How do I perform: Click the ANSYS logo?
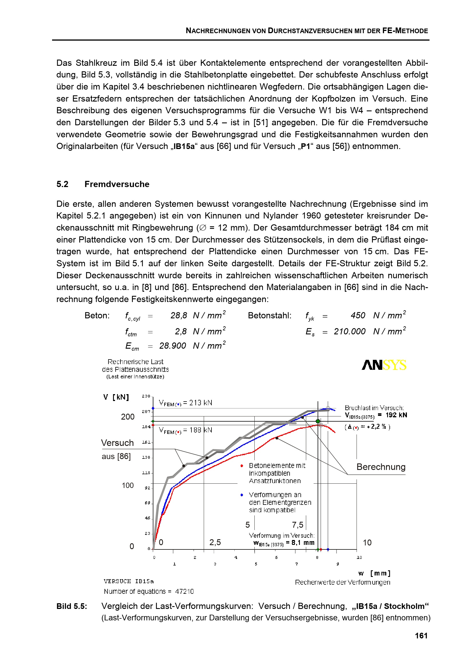pos(384,365)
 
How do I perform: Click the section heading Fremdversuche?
pos(117,184)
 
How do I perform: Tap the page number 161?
pos(421,636)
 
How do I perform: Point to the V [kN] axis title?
pos(116,397)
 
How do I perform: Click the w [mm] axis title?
pos(374,573)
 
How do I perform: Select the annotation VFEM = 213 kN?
pos(186,403)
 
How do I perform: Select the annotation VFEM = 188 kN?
pos(186,430)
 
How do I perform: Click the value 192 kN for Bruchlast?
pos(396,415)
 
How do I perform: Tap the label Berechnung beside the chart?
pos(381,467)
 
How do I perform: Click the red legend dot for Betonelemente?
pos(242,466)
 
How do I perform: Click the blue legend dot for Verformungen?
pos(242,495)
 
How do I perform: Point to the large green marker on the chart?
pos(318,421)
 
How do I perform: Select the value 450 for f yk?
pos(358,315)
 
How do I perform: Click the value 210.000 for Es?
pos(349,331)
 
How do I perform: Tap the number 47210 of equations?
pos(184,591)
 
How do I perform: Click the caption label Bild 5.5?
pos(72,606)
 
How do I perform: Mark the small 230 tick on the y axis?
pos(146,396)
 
